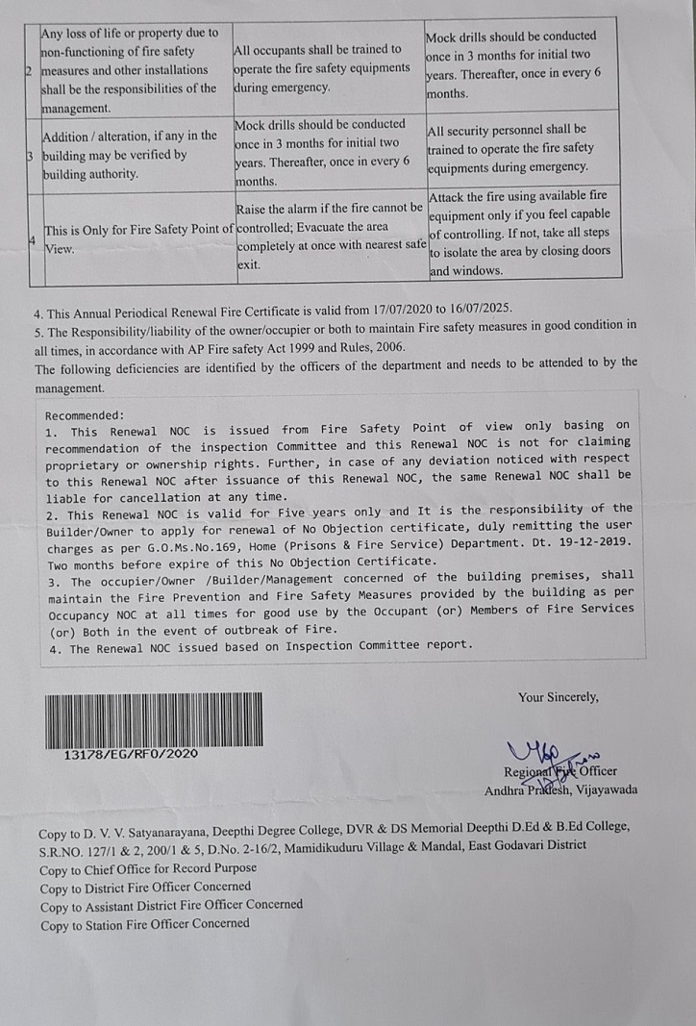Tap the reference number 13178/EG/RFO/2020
[x=130, y=755]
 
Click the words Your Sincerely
[x=558, y=697]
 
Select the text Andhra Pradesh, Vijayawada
[x=560, y=790]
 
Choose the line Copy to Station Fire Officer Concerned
[x=144, y=923]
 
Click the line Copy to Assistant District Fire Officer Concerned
[x=171, y=905]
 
